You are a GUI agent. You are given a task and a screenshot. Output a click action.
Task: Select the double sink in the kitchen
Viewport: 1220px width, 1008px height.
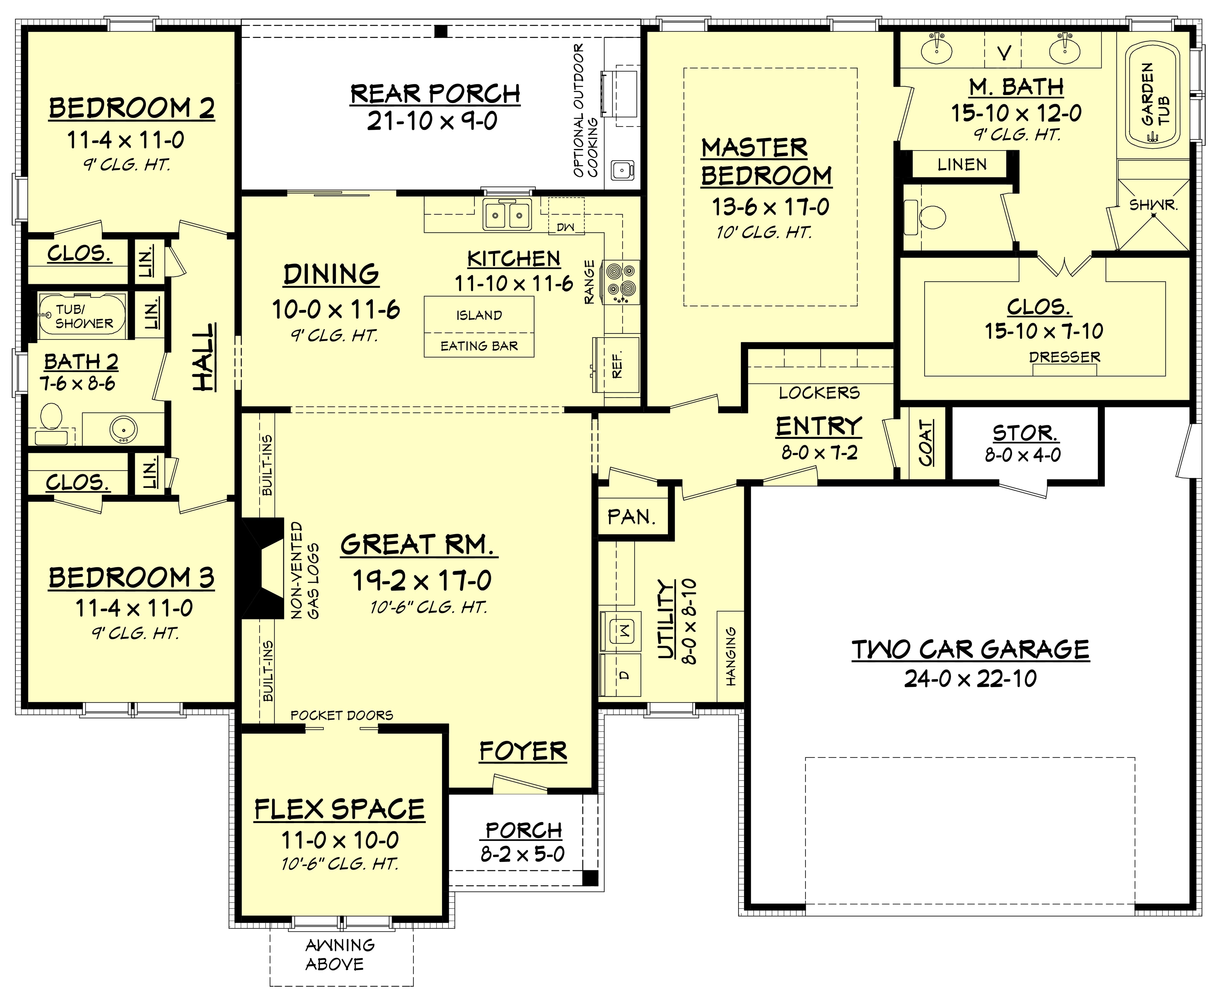tap(507, 215)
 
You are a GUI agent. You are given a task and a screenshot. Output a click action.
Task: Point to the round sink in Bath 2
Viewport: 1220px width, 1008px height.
tap(123, 429)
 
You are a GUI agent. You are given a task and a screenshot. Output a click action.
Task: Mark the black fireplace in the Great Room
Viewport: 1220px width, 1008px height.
tap(258, 568)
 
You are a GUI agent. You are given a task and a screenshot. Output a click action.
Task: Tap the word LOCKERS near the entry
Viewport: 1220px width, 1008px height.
tap(819, 393)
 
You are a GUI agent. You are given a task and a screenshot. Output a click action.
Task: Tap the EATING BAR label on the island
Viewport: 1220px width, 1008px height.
tap(479, 346)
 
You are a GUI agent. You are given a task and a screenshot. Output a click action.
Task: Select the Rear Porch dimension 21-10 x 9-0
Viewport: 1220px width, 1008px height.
tap(433, 121)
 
